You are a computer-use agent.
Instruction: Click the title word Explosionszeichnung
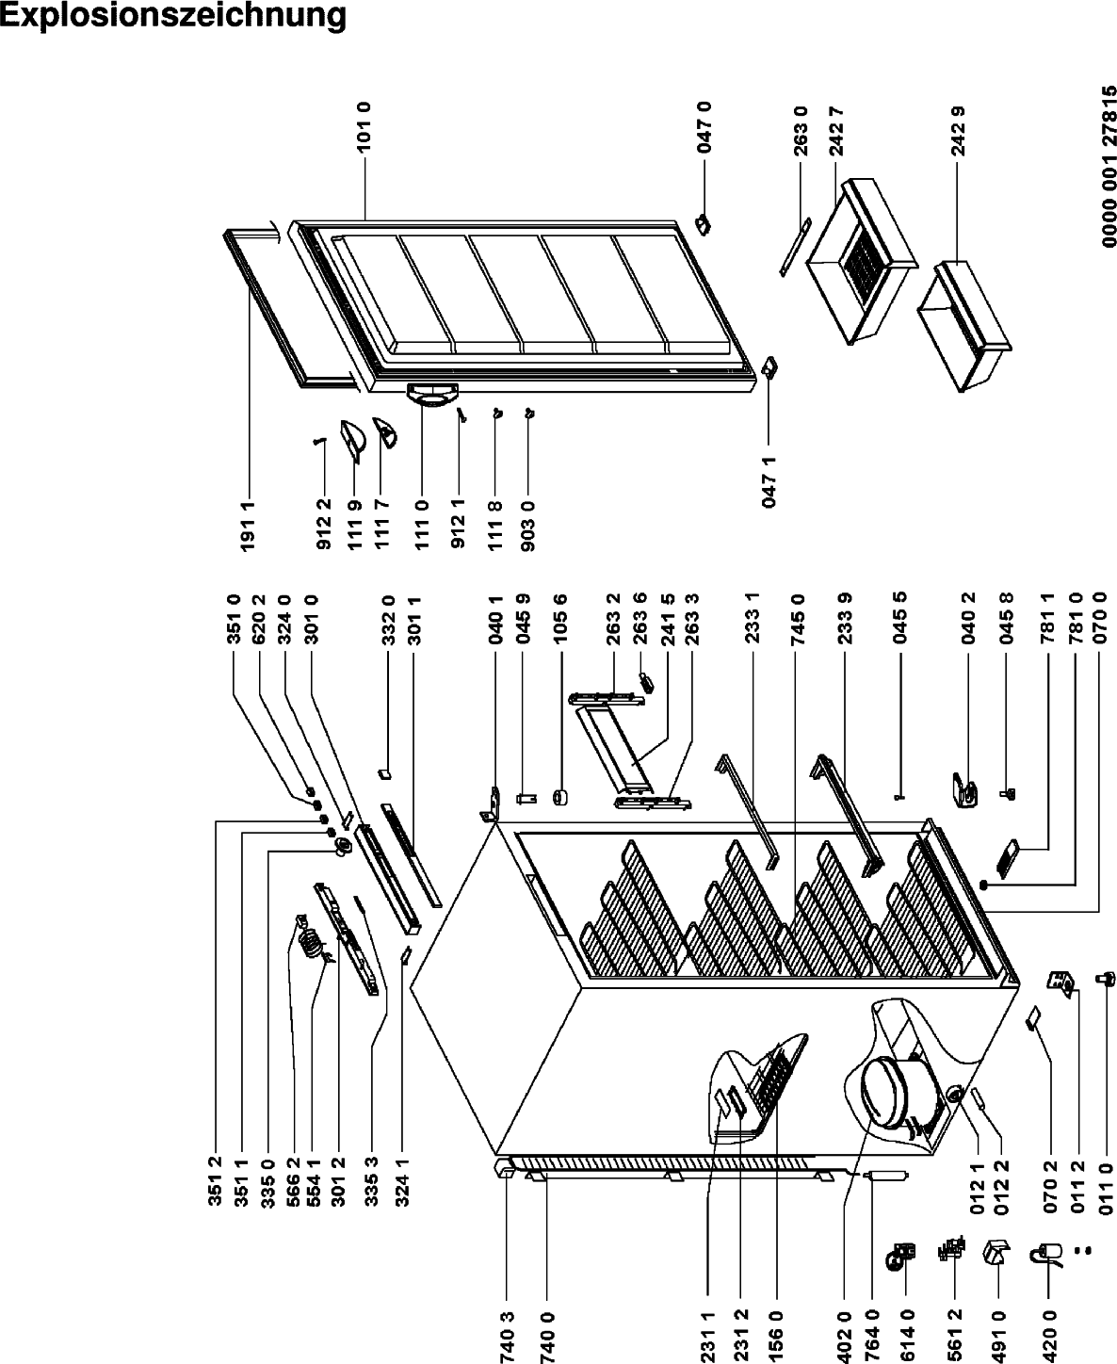[172, 16]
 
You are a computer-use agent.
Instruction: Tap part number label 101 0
[364, 127]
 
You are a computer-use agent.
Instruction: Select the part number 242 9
[959, 131]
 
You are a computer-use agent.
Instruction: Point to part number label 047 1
[769, 482]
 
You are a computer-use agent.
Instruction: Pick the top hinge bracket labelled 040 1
[492, 805]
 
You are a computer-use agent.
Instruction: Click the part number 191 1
[248, 526]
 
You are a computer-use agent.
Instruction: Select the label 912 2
[324, 524]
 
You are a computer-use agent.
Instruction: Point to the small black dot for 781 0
[984, 885]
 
